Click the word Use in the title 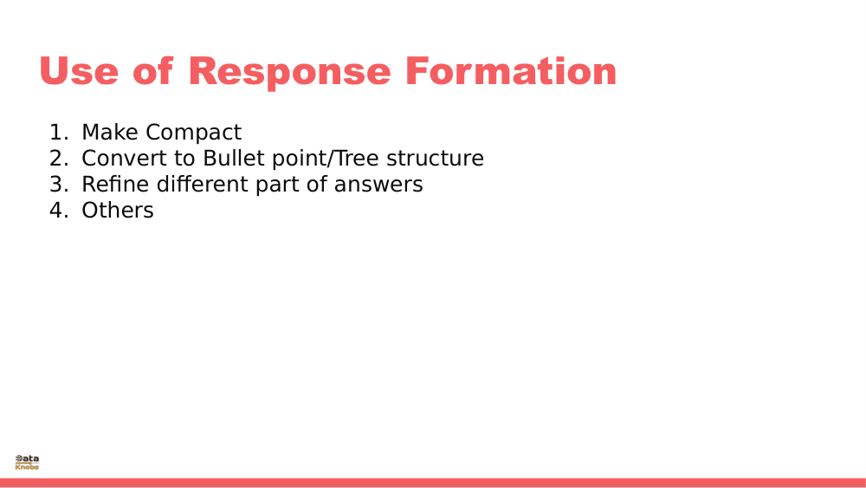[78, 71]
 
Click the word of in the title [153, 71]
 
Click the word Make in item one [110, 133]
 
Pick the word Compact [193, 133]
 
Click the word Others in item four [117, 211]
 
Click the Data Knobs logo [27, 462]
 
